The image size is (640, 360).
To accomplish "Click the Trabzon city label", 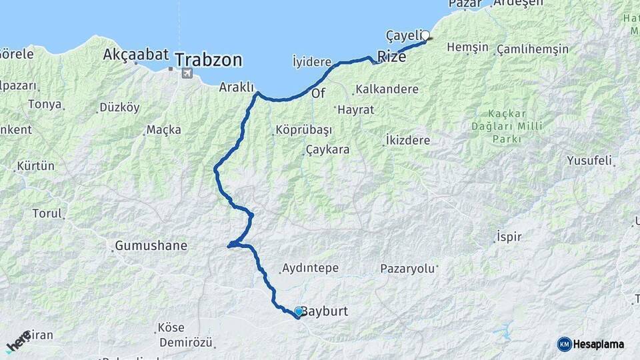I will point(209,59).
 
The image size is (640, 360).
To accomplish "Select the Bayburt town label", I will point(325,311).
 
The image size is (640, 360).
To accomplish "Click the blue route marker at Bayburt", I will point(299,311).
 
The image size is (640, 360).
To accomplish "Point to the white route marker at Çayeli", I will point(425,36).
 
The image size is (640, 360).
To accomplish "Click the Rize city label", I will point(391,57).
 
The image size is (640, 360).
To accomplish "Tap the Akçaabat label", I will point(136,55).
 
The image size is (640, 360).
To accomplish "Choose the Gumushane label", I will point(151,246).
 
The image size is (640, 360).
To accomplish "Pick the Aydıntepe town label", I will point(311,268).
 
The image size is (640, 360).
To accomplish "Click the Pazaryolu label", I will point(407,269).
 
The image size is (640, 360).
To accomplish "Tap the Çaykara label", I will point(328,150).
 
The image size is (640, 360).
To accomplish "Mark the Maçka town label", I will point(164,129).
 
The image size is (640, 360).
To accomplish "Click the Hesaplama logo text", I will point(598,345).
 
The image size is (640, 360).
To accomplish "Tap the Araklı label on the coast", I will point(237,87).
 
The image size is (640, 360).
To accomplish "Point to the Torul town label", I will point(47,214).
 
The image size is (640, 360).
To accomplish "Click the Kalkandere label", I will point(387,89).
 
